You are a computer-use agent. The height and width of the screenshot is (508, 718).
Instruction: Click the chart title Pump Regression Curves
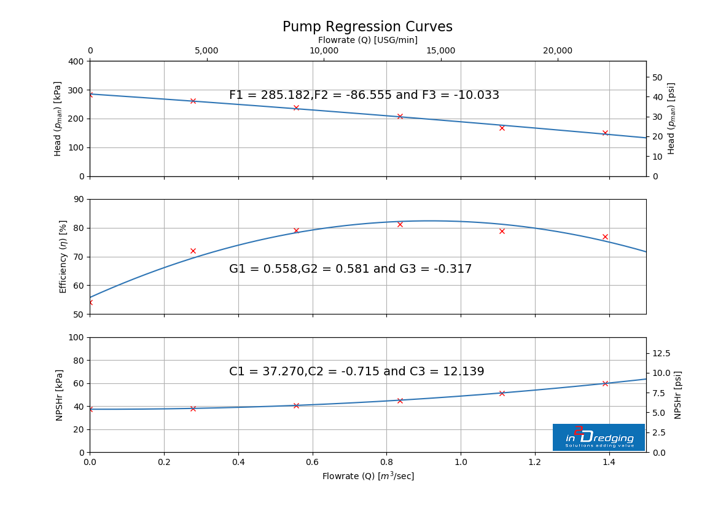(x=367, y=27)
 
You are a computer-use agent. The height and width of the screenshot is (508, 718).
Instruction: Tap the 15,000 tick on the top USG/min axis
(x=440, y=51)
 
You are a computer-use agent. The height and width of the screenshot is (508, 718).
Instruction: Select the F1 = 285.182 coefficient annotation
(x=364, y=95)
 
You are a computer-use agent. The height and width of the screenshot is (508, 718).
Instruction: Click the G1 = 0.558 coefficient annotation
(x=350, y=269)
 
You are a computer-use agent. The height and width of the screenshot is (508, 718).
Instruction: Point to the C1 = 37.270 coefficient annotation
(x=356, y=372)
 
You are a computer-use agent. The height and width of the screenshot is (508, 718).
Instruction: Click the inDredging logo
(x=598, y=437)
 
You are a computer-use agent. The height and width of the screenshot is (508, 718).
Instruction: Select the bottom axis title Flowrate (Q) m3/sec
(x=367, y=476)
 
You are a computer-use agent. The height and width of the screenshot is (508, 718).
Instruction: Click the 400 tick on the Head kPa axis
(x=77, y=61)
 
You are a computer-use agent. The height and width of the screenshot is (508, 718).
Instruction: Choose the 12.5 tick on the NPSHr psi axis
(x=661, y=353)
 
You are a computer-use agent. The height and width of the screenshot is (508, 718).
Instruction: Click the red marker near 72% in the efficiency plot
(x=193, y=251)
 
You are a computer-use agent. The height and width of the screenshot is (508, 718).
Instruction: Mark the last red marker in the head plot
(x=605, y=133)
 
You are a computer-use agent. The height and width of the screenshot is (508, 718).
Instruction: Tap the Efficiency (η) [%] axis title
(x=63, y=257)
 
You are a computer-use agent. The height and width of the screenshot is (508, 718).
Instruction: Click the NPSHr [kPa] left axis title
(x=60, y=395)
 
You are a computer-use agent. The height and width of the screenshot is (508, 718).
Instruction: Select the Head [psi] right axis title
(x=671, y=119)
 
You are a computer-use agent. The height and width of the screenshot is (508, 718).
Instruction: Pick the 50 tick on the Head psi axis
(x=657, y=77)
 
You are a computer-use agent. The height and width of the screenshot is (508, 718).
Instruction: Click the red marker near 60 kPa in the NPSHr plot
(x=605, y=383)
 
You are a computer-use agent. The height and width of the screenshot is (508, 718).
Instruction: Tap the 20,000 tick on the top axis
(x=557, y=51)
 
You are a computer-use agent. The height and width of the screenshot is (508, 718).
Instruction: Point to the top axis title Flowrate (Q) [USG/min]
(x=367, y=40)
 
